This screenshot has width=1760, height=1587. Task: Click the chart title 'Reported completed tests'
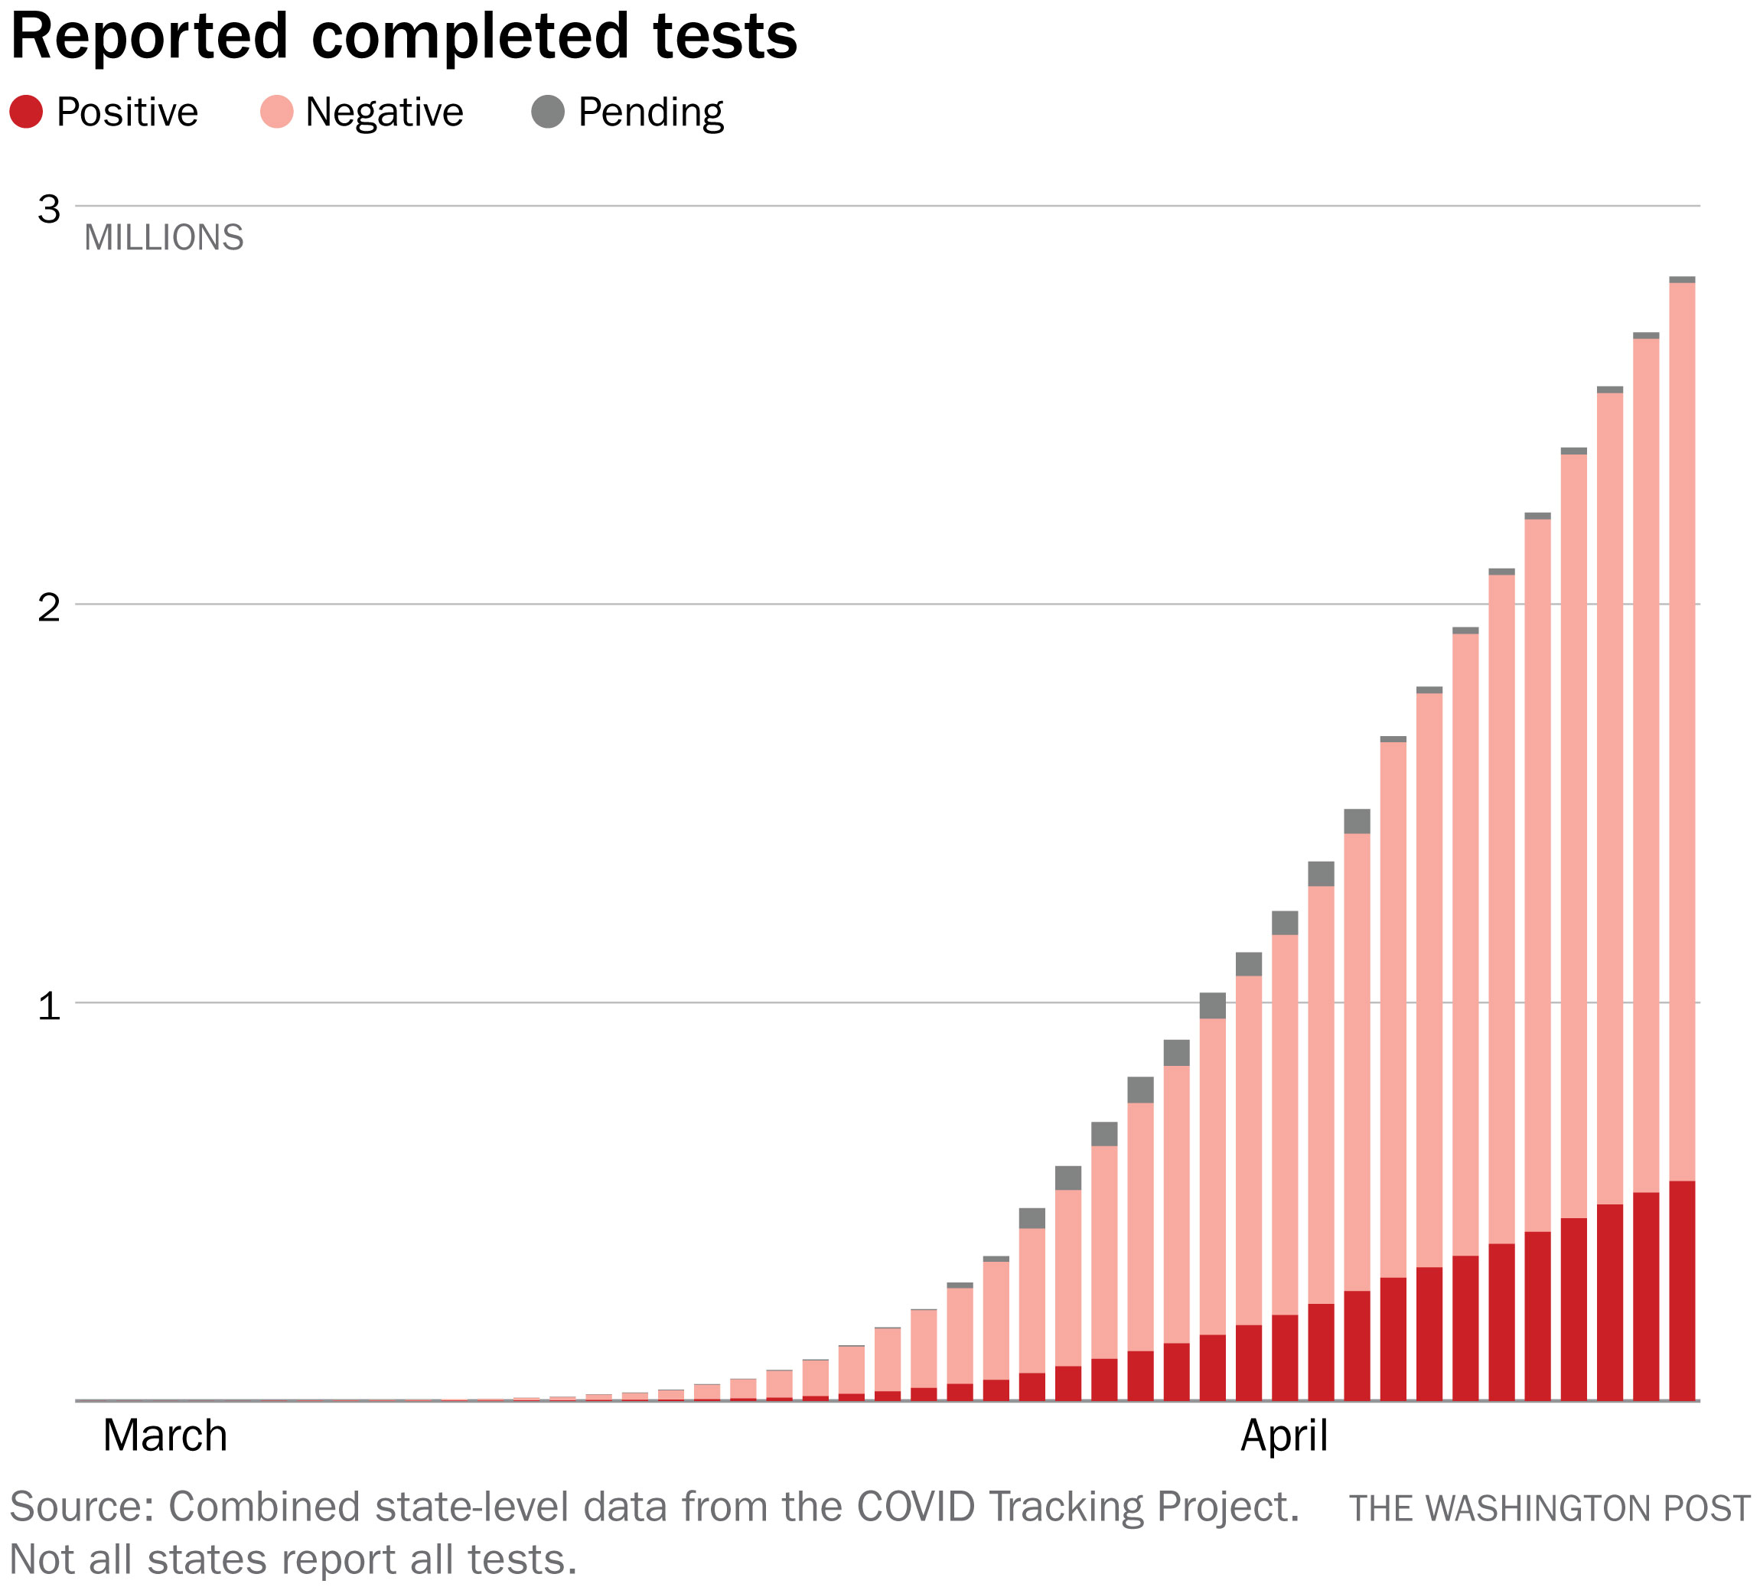403,37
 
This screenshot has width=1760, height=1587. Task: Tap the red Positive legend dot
26,112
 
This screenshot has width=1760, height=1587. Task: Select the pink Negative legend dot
276,112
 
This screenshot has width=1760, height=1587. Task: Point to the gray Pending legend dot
548,112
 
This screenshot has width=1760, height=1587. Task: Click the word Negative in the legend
383,112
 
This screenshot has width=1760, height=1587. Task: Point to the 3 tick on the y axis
49,209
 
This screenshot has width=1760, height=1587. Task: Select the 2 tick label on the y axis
49,607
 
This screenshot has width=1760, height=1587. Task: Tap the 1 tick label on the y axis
49,1005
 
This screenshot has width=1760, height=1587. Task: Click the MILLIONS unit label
164,238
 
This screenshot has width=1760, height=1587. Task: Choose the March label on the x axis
165,1436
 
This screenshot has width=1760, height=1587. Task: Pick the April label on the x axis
1284,1436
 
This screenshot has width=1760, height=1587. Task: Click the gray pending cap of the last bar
1681,280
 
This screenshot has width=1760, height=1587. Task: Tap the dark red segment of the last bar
1681,1291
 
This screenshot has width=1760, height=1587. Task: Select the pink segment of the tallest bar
1681,732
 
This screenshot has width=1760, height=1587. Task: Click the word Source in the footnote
81,1507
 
